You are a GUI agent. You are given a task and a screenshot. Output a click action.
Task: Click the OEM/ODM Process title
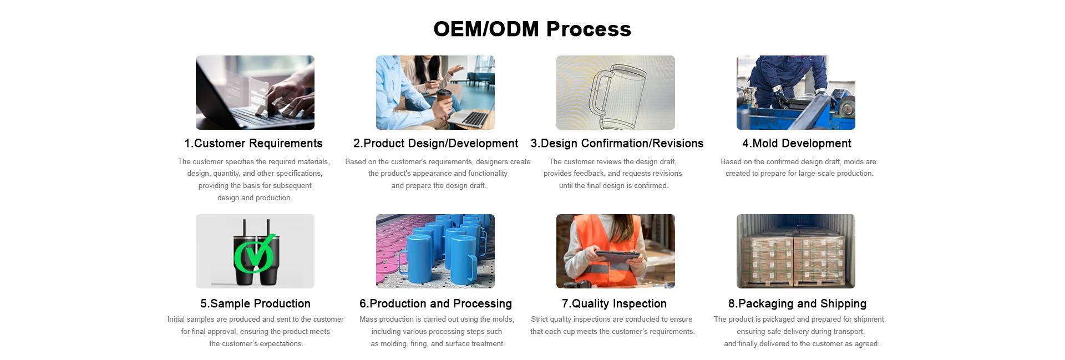coord(532,29)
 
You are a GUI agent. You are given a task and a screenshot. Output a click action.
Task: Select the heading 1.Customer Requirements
coord(253,144)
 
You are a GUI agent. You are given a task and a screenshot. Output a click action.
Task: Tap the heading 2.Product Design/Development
coord(435,144)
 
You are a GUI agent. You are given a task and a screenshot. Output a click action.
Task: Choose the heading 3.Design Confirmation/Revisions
coord(617,144)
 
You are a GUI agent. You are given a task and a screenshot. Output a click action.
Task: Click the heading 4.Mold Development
coord(797,144)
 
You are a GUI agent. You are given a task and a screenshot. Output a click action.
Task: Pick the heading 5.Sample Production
coord(255,304)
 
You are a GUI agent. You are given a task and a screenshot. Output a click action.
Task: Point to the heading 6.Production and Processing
coord(435,304)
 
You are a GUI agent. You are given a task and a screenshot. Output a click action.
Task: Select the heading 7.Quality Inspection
coord(614,304)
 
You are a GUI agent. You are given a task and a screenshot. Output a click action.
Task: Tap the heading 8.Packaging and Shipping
coord(797,304)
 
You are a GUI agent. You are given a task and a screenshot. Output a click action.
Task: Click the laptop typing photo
coord(255,93)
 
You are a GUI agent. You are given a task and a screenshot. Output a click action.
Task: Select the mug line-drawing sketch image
coord(616,93)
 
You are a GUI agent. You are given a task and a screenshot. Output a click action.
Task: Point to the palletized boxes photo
coord(796,251)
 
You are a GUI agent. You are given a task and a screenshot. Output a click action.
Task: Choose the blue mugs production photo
coord(435,251)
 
